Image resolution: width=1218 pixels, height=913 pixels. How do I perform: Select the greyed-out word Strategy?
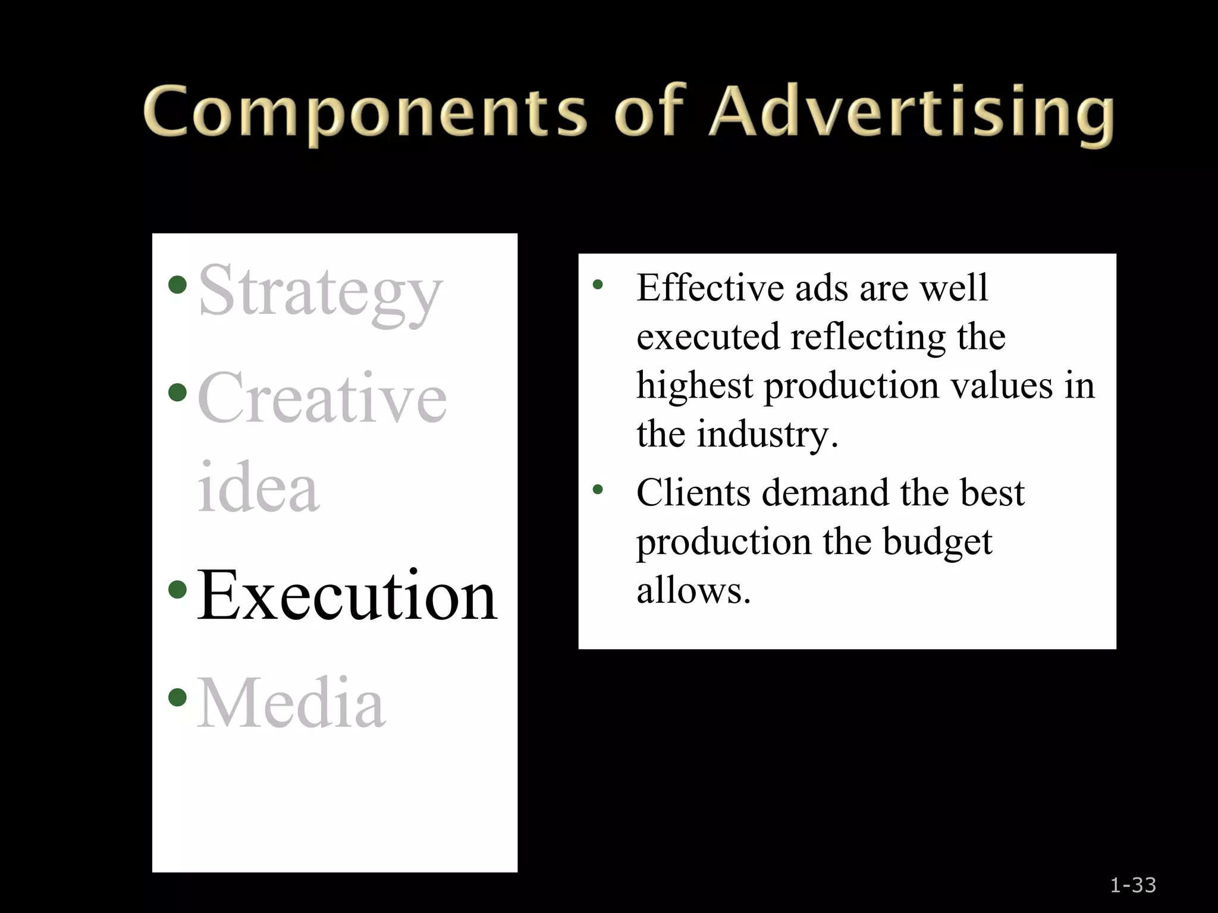[320, 292]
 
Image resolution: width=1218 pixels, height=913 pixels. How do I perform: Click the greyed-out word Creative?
[322, 397]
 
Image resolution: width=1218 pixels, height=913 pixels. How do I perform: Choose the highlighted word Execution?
[347, 595]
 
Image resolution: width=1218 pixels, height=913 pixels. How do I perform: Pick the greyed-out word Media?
[291, 703]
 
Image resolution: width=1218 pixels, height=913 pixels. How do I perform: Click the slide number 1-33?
[1133, 885]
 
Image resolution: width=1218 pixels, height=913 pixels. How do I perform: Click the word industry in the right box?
[767, 435]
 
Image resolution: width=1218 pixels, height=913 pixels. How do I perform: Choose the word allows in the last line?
[693, 591]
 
